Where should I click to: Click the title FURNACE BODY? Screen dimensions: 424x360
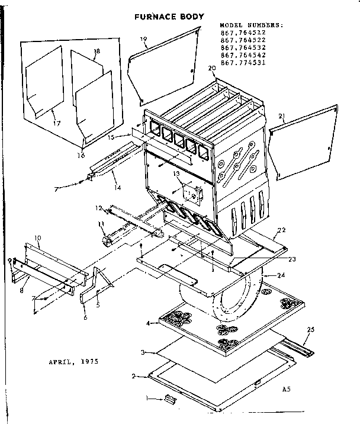click(169, 17)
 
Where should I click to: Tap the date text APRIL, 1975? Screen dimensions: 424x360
click(73, 361)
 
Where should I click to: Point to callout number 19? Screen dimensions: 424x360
click(143, 39)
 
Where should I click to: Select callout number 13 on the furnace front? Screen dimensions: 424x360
click(176, 175)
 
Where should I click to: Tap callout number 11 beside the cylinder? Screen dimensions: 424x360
click(101, 224)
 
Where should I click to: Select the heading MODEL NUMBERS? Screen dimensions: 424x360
click(251, 25)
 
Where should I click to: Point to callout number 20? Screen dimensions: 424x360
click(211, 69)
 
